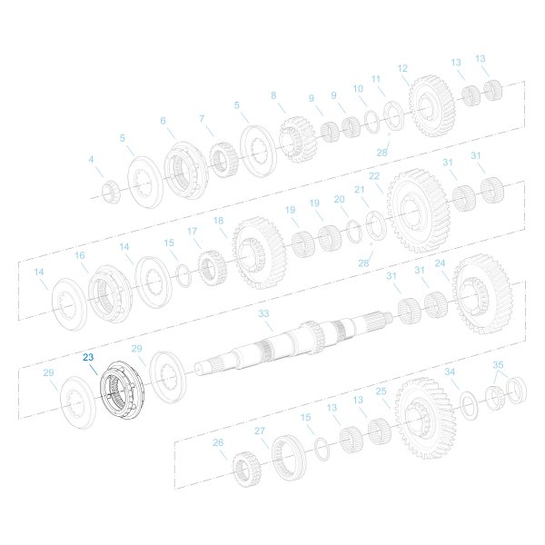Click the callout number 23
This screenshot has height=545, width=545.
88,358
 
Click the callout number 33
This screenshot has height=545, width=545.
264,313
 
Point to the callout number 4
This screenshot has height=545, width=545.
91,160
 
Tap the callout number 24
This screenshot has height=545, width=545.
441,264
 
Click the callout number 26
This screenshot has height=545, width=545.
218,442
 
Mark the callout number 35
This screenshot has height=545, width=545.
498,365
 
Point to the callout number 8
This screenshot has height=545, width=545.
272,94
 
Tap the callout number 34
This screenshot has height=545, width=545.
450,372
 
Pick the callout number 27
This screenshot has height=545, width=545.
260,431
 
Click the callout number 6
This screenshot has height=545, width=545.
163,121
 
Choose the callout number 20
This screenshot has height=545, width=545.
339,199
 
